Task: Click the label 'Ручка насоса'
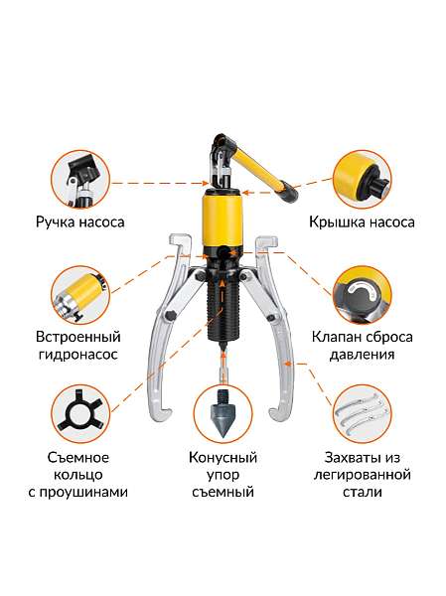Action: (79, 223)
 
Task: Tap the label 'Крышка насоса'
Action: (362, 223)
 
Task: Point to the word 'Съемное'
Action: (79, 458)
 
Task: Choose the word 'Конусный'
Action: (223, 458)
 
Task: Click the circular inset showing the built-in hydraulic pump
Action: (79, 293)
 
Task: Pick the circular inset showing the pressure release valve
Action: (362, 293)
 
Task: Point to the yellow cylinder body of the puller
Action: (223, 224)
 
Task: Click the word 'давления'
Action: (362, 355)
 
